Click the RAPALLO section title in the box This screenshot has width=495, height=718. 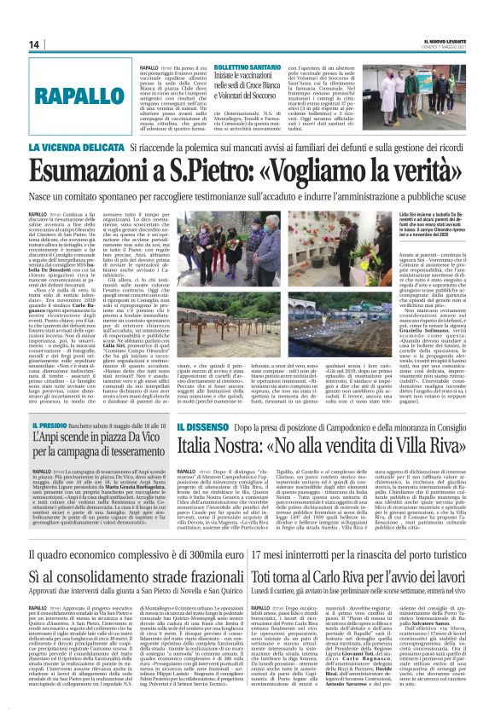click(65, 94)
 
